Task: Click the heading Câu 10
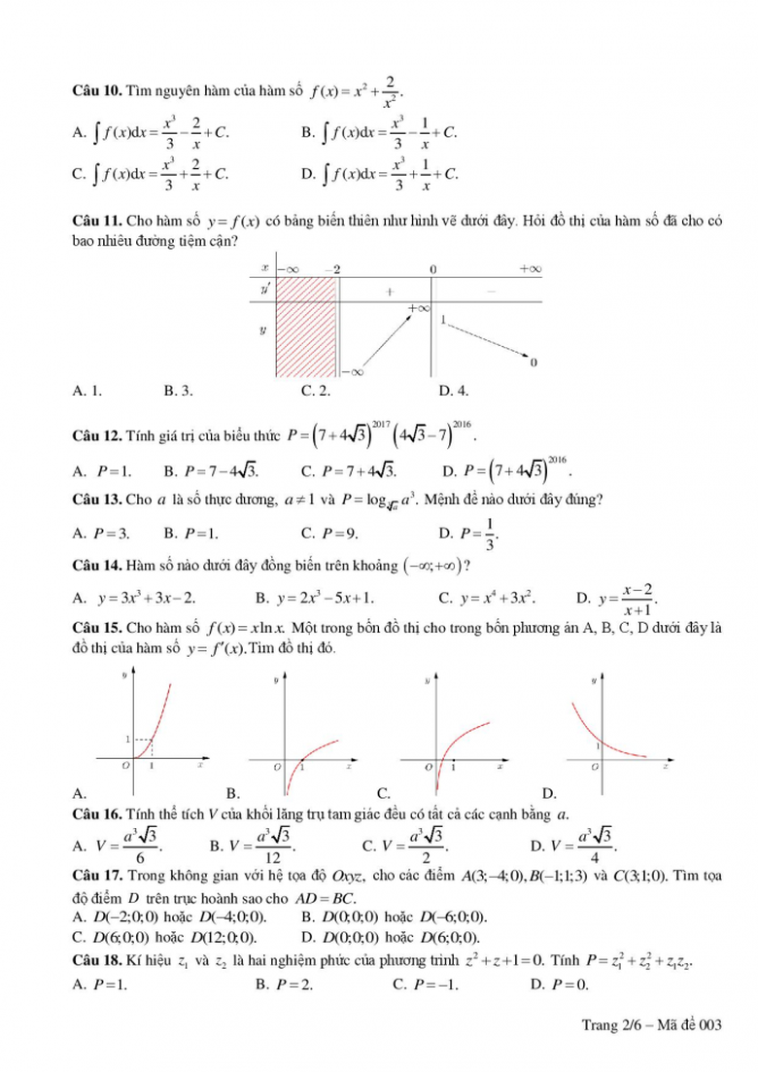(x=96, y=91)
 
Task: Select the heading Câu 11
(x=96, y=222)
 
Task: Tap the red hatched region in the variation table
(x=307, y=327)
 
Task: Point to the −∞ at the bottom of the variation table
(x=352, y=371)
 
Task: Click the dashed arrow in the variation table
(x=491, y=339)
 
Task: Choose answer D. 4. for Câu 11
(x=454, y=391)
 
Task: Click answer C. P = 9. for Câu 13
(x=330, y=533)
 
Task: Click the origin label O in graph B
(x=277, y=768)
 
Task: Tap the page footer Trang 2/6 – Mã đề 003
(x=653, y=1024)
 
